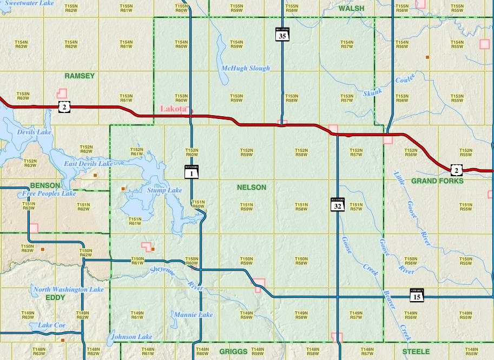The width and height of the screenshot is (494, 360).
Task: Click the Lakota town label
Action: tap(173, 109)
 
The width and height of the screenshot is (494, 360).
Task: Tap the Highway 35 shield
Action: tap(282, 35)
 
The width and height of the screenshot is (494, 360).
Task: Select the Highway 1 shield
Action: tap(192, 172)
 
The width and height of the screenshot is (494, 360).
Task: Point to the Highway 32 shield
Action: tap(337, 204)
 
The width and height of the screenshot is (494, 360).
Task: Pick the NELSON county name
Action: tap(252, 188)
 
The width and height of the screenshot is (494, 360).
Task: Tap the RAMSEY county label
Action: tap(80, 76)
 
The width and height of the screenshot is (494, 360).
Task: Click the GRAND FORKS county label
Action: tap(437, 181)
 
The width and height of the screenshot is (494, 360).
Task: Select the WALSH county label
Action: tap(351, 9)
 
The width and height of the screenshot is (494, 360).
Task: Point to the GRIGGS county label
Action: tap(233, 351)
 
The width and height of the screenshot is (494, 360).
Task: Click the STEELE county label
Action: tap(416, 351)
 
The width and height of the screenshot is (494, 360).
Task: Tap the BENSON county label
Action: tap(45, 185)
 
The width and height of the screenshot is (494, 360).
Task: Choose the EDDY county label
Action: tap(56, 297)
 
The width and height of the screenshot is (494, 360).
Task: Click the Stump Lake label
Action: tap(164, 190)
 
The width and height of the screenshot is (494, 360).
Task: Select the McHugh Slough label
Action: tap(246, 69)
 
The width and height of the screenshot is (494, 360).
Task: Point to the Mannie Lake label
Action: tap(193, 315)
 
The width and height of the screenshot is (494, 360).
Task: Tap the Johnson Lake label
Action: tap(132, 337)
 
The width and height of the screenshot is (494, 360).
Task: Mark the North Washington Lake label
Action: tap(69, 290)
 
